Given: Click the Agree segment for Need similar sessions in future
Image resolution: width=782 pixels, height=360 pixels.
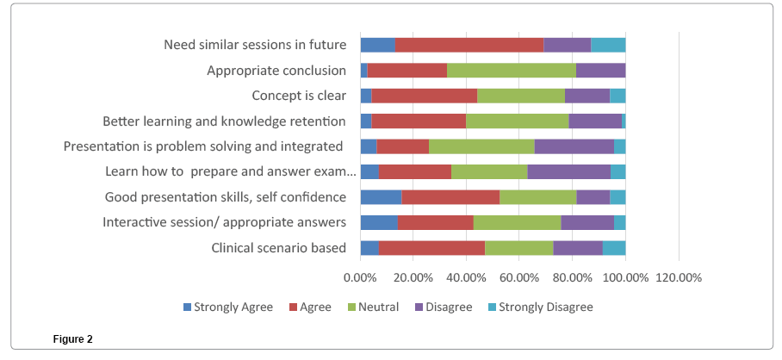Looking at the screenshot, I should pyautogui.click(x=469, y=46).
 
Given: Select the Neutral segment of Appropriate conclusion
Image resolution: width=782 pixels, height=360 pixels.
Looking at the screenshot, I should pyautogui.click(x=511, y=71).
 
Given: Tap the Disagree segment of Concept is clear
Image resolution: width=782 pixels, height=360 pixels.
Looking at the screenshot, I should pyautogui.click(x=586, y=96).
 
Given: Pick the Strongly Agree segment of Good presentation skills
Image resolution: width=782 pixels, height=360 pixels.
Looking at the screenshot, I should pyautogui.click(x=381, y=197).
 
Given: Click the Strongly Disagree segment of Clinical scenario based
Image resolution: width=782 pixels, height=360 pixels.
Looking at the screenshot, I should pyautogui.click(x=614, y=248).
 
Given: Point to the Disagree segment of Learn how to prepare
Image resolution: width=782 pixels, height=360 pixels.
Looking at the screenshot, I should pyautogui.click(x=568, y=171).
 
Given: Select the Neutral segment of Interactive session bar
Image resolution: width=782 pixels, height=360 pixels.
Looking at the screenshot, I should pyautogui.click(x=517, y=222).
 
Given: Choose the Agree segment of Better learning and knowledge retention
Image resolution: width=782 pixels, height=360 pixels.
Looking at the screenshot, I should pyautogui.click(x=419, y=121).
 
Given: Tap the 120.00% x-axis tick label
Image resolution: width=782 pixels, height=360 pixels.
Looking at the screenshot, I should pyautogui.click(x=679, y=277).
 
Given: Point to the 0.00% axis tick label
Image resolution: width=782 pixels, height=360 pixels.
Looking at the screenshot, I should pyautogui.click(x=360, y=277).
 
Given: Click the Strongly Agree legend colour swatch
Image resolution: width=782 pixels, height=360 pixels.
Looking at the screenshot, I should pyautogui.click(x=188, y=307).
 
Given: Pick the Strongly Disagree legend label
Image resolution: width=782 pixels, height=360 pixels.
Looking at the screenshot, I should pyautogui.click(x=545, y=307).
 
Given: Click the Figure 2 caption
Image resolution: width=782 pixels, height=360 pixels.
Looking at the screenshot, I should pyautogui.click(x=72, y=339).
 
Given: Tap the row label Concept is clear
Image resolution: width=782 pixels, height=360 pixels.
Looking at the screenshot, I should pyautogui.click(x=299, y=96).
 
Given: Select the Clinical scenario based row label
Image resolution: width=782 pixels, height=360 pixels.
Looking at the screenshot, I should pyautogui.click(x=279, y=248).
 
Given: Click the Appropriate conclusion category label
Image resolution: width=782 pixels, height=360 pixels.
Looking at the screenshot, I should pyautogui.click(x=276, y=71).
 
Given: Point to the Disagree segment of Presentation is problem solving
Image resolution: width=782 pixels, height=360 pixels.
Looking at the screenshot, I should pyautogui.click(x=574, y=146).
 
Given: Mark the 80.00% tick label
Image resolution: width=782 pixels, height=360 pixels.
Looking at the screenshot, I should pyautogui.click(x=572, y=277).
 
